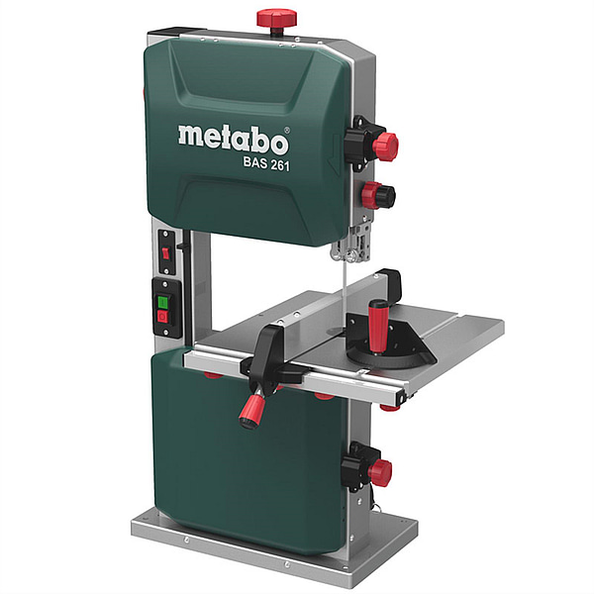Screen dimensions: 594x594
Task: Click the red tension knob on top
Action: click(x=276, y=18)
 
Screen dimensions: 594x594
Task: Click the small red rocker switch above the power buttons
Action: click(x=165, y=252)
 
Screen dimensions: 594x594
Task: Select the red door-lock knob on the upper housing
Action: click(x=385, y=147)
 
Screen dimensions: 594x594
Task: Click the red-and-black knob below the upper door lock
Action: click(x=378, y=195)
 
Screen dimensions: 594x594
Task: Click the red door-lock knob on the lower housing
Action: click(x=380, y=473)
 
